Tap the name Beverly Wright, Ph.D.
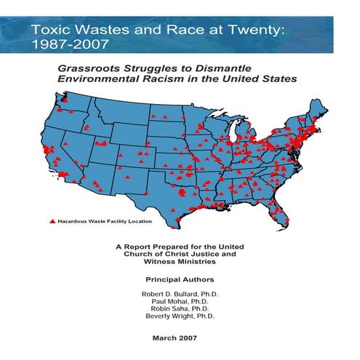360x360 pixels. click(x=180, y=318)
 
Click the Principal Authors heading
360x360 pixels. click(x=180, y=279)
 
